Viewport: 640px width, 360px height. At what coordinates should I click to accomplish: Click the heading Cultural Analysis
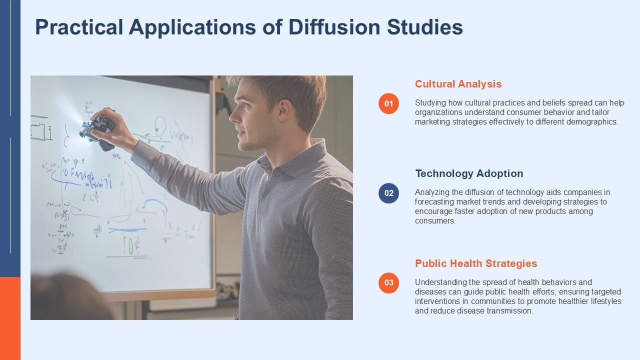tap(458, 84)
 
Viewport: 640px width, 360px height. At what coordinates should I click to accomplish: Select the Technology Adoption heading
tap(469, 173)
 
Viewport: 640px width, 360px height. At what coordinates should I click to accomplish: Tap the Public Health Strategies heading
tap(475, 263)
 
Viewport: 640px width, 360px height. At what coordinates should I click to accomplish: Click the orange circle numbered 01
tap(388, 103)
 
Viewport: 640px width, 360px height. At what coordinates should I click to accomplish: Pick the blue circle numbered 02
tap(388, 193)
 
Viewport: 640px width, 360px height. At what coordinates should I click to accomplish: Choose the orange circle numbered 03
tap(388, 282)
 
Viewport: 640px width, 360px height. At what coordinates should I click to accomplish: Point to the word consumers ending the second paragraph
tap(434, 221)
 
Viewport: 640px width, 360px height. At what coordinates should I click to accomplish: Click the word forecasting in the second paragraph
tap(434, 202)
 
